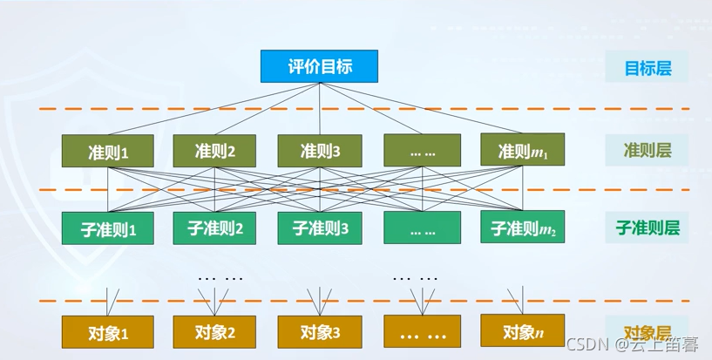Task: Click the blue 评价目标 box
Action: coord(320,66)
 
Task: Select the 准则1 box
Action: coord(108,151)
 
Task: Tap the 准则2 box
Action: coord(214,150)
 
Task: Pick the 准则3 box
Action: coord(319,150)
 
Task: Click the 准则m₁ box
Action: coord(522,150)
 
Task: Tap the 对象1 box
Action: coord(108,332)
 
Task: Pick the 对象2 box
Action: coord(214,331)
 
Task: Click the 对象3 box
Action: coord(319,331)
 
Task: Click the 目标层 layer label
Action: coord(647,67)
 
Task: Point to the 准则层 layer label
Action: coord(647,150)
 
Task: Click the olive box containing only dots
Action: coord(423,150)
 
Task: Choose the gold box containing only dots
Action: coord(423,331)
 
